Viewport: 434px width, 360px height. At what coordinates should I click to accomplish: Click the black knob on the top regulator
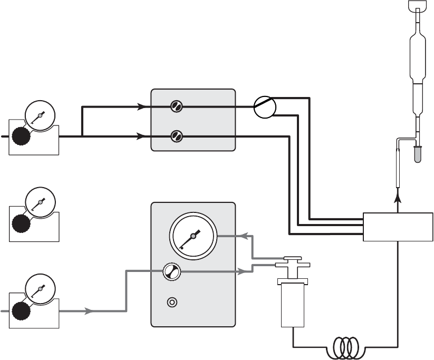click(x=22, y=137)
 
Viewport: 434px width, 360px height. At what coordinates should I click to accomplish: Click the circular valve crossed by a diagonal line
click(x=265, y=107)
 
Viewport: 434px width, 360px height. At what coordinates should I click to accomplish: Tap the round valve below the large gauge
click(x=171, y=271)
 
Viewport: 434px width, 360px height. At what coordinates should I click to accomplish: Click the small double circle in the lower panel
click(x=171, y=303)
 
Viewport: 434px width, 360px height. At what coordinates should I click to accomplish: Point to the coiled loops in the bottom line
click(x=346, y=347)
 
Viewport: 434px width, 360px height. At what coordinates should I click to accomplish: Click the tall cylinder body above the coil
click(x=293, y=305)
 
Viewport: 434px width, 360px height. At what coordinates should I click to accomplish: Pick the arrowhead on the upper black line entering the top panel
click(x=142, y=106)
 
